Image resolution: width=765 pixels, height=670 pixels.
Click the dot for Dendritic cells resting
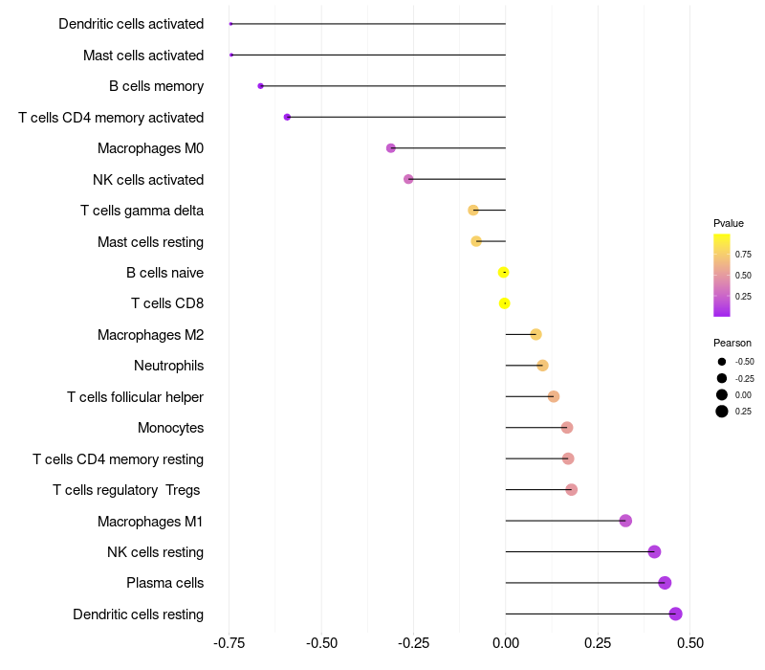click(675, 614)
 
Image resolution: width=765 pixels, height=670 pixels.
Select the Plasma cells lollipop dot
click(665, 583)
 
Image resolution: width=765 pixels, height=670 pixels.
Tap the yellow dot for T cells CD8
click(505, 303)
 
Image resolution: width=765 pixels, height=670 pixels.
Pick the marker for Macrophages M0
click(390, 148)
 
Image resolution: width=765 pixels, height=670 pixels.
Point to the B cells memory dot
click(260, 86)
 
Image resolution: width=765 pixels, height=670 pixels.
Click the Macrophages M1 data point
click(625, 521)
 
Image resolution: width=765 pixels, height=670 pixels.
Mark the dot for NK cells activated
click(408, 179)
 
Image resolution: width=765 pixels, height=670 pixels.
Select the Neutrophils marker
click(542, 366)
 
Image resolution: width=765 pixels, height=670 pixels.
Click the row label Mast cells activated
click(143, 56)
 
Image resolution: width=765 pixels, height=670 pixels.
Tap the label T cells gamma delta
click(142, 211)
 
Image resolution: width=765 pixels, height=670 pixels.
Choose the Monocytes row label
click(170, 428)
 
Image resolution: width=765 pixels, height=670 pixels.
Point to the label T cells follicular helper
click(135, 396)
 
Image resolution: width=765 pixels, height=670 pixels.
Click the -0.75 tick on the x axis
click(230, 643)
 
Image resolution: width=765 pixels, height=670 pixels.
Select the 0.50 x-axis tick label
click(688, 643)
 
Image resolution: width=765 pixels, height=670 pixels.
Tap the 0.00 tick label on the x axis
click(505, 643)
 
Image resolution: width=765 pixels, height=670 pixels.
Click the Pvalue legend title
click(729, 223)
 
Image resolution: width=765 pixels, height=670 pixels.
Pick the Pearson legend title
click(732, 343)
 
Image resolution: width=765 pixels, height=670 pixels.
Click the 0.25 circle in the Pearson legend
click(722, 412)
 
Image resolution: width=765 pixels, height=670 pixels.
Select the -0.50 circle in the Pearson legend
click(722, 362)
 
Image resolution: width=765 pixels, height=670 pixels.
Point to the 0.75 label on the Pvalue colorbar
click(743, 255)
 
